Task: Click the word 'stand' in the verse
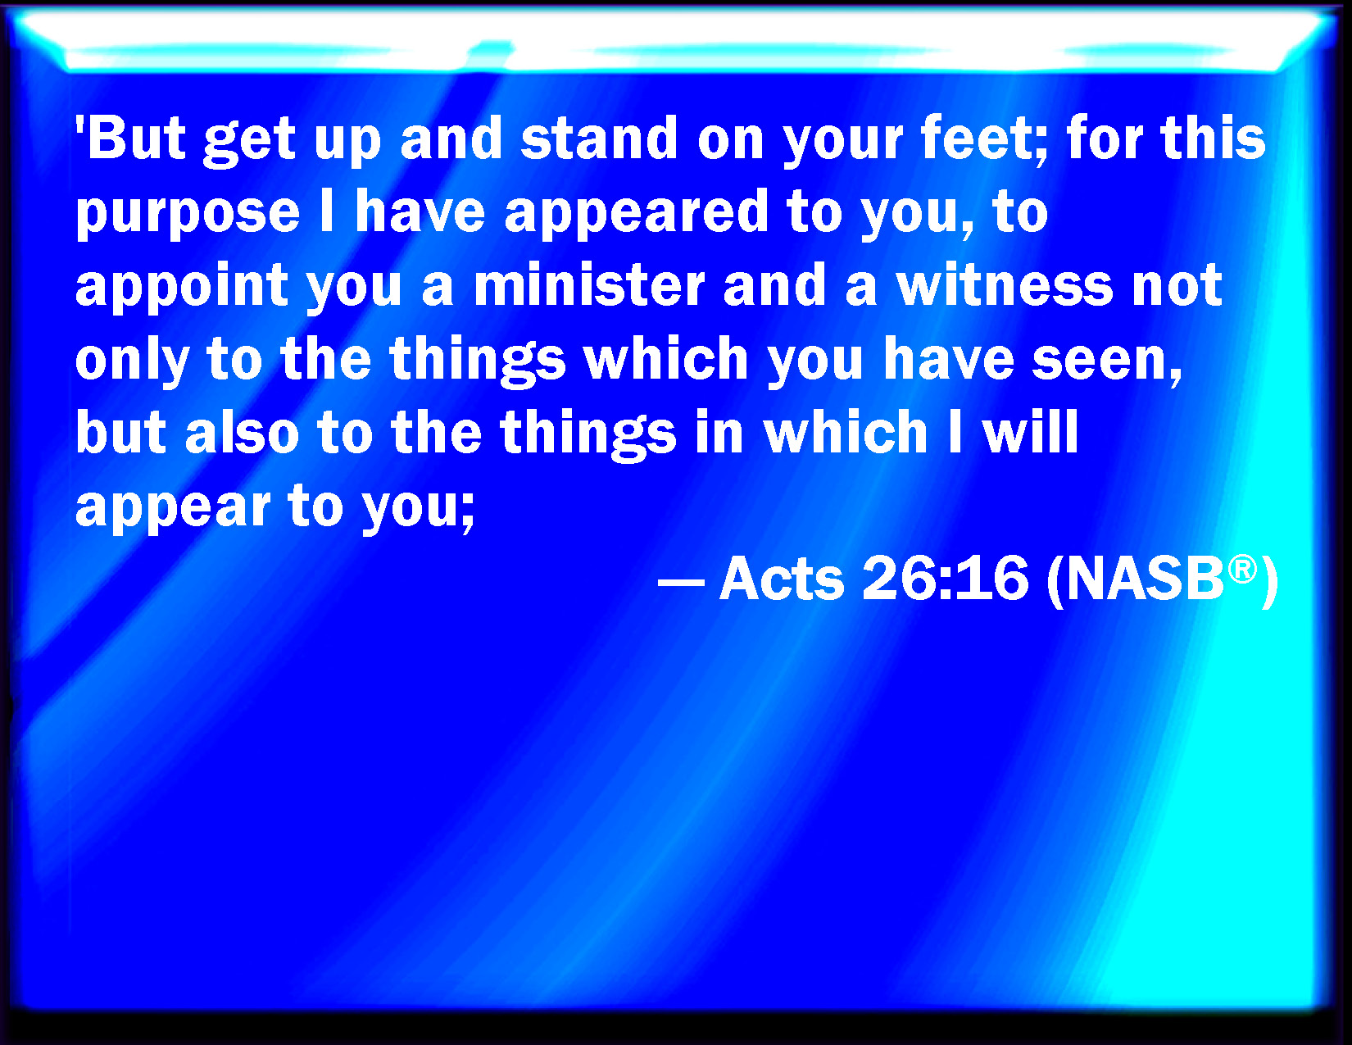tap(598, 138)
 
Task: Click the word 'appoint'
tap(182, 286)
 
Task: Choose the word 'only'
tap(132, 360)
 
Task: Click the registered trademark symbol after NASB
tap(1243, 570)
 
